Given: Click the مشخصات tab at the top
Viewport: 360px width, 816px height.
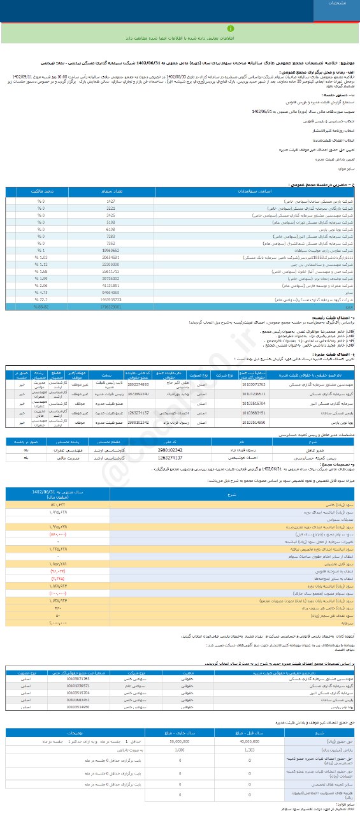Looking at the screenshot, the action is pyautogui.click(x=338, y=4).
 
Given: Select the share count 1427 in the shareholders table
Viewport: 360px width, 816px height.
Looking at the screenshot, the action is pyautogui.click(x=111, y=201).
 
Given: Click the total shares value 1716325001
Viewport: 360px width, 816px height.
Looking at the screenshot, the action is pyautogui.click(x=111, y=307).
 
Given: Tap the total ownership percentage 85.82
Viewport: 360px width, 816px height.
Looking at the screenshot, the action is pyautogui.click(x=41, y=307).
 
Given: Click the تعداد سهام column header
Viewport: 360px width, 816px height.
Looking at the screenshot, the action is pyautogui.click(x=111, y=191).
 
